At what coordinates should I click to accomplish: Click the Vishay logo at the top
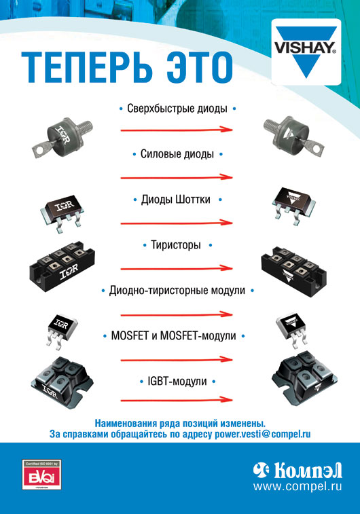304,50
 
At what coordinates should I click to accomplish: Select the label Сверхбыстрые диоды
177,108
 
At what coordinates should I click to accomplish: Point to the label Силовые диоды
177,154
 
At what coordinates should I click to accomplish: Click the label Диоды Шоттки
177,200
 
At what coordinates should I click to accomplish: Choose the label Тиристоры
176,244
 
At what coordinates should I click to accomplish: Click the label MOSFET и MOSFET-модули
177,335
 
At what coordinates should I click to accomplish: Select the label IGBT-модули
177,382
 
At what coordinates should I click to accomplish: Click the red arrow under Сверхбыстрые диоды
177,130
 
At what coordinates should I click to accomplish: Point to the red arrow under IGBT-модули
177,402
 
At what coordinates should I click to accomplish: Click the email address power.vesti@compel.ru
257,433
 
